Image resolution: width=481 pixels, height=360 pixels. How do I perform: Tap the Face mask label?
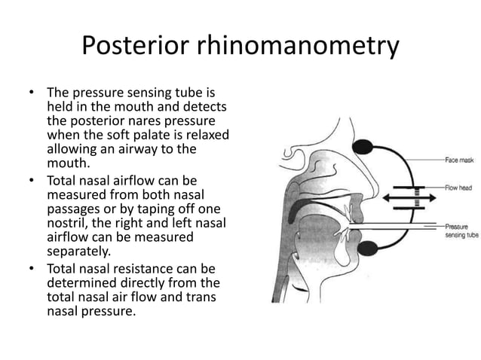coord(458,160)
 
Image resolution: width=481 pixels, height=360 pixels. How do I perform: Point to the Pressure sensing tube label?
coord(461,230)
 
